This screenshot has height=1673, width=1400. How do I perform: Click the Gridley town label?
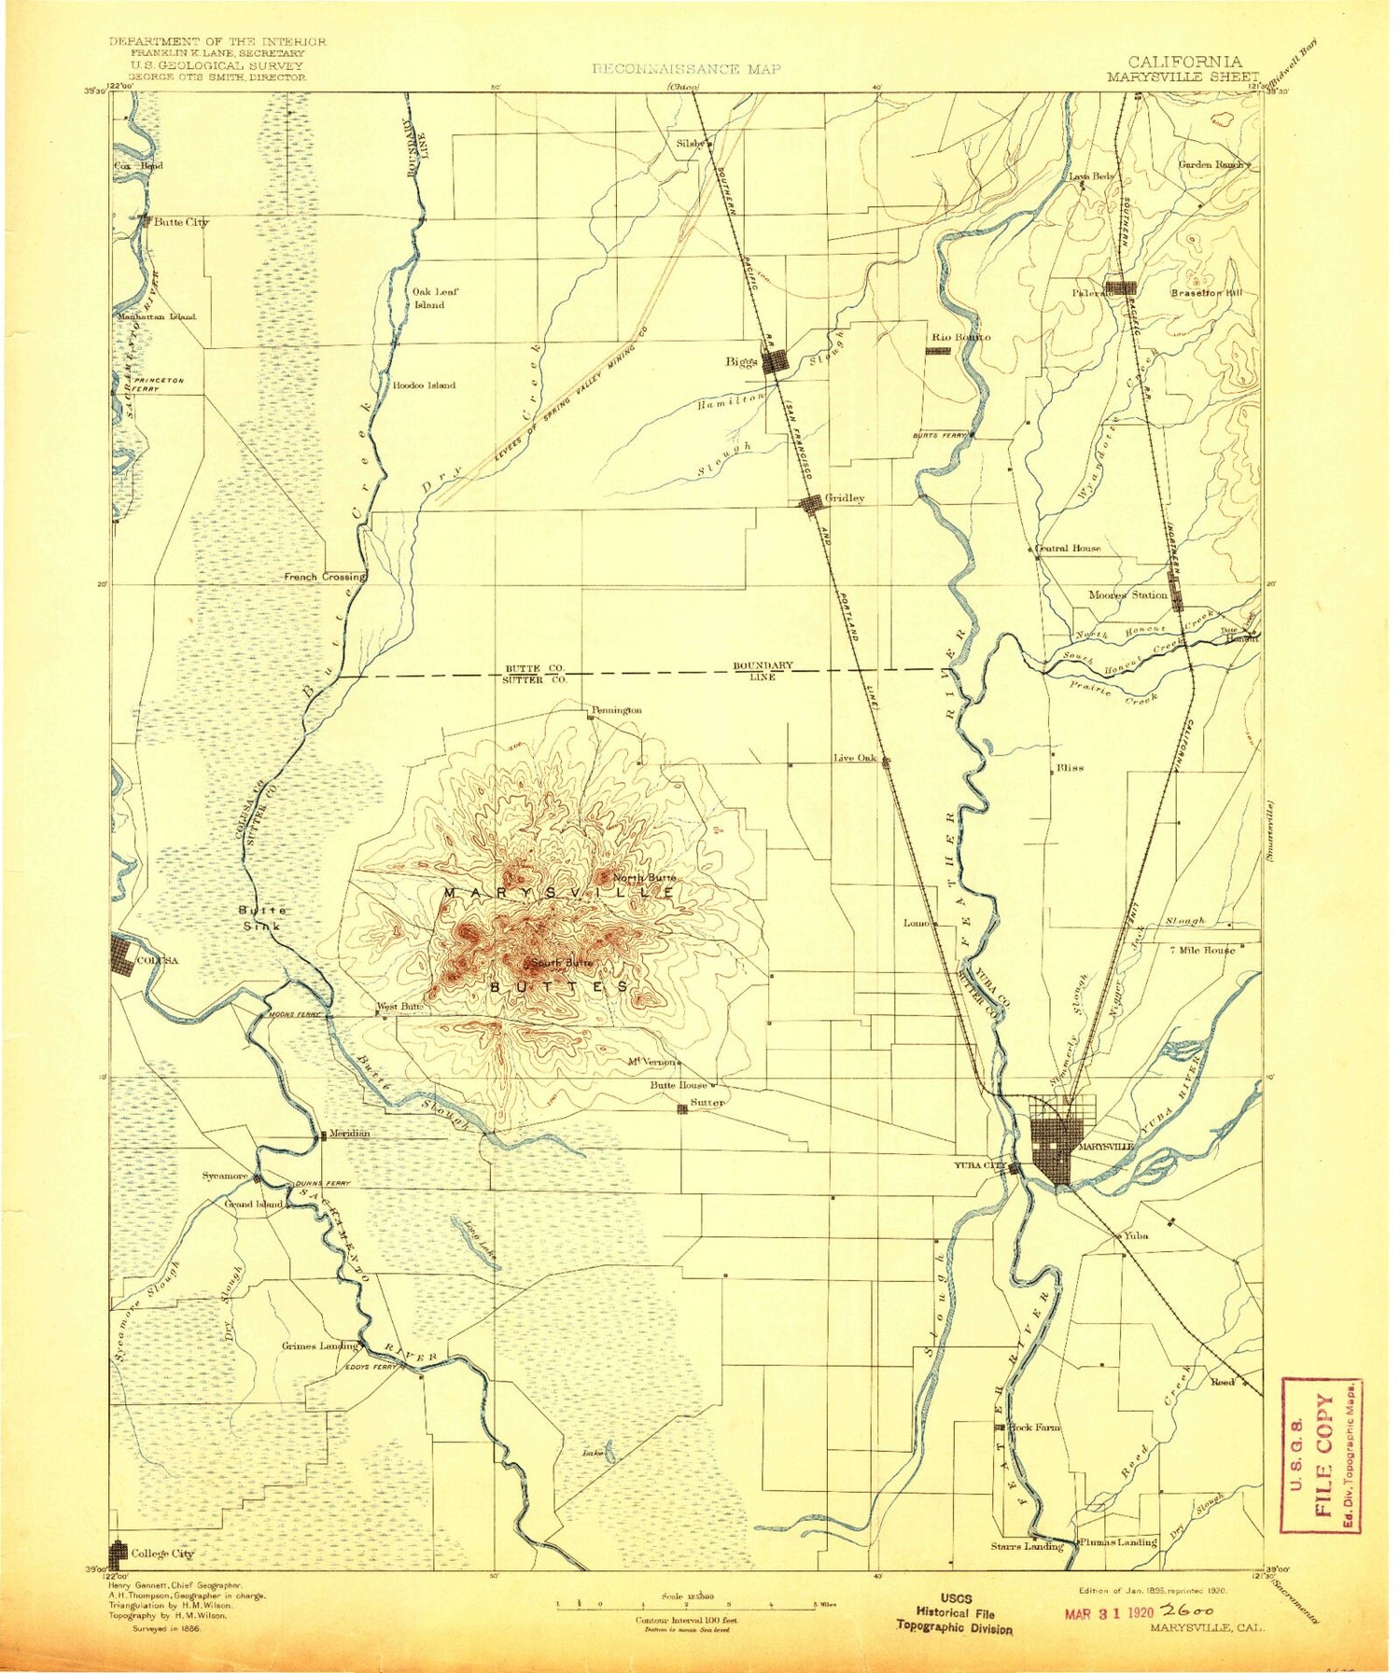(x=845, y=498)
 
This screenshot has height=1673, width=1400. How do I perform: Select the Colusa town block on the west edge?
(x=122, y=956)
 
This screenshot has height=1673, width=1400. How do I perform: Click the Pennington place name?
(x=617, y=710)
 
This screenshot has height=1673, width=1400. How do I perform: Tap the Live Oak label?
(x=855, y=759)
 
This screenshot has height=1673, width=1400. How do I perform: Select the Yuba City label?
(x=979, y=1166)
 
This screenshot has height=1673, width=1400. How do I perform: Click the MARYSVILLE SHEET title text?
(x=1183, y=77)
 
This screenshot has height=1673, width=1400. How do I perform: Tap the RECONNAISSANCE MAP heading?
(x=686, y=69)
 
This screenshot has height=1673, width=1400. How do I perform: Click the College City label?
(x=161, y=1554)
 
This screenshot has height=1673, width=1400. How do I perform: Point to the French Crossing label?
(x=324, y=577)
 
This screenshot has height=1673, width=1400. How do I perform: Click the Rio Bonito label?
(x=961, y=337)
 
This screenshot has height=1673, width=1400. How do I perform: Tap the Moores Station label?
(x=1127, y=594)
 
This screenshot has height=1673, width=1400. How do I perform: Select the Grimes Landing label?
(x=319, y=1345)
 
